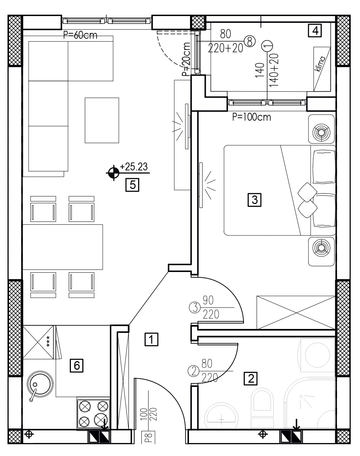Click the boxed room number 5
[132, 185]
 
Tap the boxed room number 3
[254, 200]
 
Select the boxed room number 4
[315, 30]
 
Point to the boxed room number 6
[77, 365]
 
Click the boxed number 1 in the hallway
[151, 339]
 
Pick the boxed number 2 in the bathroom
[250, 378]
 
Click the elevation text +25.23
[134, 167]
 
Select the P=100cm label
[252, 117]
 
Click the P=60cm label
[80, 35]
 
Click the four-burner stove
[93, 414]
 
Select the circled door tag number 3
[195, 308]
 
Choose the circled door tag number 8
[250, 41]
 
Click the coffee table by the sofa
[102, 120]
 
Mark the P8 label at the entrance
[148, 438]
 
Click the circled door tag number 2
[194, 372]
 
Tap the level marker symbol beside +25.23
[113, 173]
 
